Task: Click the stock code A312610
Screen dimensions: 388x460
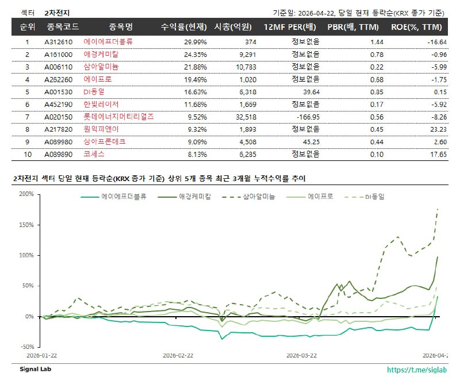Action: (x=58, y=42)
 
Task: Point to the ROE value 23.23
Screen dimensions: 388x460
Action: (x=439, y=129)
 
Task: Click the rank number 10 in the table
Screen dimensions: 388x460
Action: (x=27, y=154)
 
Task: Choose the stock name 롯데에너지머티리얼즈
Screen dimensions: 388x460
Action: (x=118, y=117)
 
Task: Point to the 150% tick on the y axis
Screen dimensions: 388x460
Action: (x=25, y=224)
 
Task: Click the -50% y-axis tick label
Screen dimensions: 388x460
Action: (x=25, y=347)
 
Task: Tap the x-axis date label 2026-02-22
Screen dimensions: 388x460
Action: (x=178, y=355)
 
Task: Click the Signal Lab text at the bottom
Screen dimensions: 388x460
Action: (x=36, y=370)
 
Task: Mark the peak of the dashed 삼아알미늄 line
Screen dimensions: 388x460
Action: (x=438, y=209)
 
